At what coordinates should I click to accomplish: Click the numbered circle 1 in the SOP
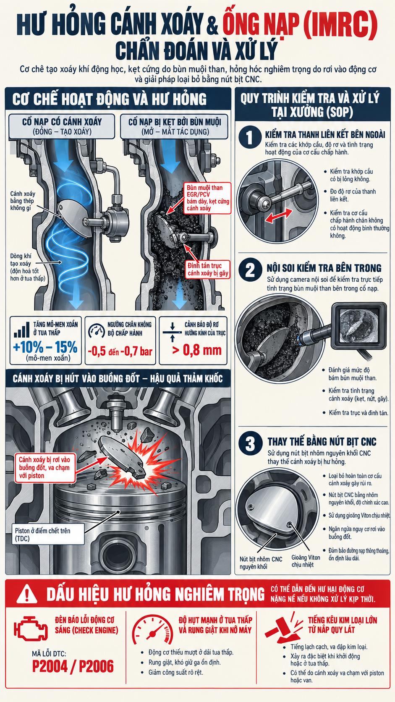pyautogui.click(x=249, y=137)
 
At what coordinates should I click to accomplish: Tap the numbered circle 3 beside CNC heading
pyautogui.click(x=250, y=444)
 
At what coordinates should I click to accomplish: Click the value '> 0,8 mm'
pyautogui.click(x=197, y=350)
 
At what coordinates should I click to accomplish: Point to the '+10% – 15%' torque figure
pyautogui.click(x=45, y=347)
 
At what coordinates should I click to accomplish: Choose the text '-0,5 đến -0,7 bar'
pyautogui.click(x=120, y=351)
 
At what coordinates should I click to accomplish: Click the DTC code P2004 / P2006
pyautogui.click(x=73, y=665)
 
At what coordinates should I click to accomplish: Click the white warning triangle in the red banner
pyautogui.click(x=27, y=594)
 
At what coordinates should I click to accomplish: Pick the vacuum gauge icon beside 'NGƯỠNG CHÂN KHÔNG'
pyautogui.click(x=96, y=330)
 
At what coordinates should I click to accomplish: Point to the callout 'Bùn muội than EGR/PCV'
pyautogui.click(x=207, y=198)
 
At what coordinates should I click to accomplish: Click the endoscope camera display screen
pyautogui.click(x=358, y=326)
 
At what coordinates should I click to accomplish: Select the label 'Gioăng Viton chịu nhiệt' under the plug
pyautogui.click(x=306, y=561)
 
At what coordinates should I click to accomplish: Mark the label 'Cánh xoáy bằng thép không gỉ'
pyautogui.click(x=23, y=201)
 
